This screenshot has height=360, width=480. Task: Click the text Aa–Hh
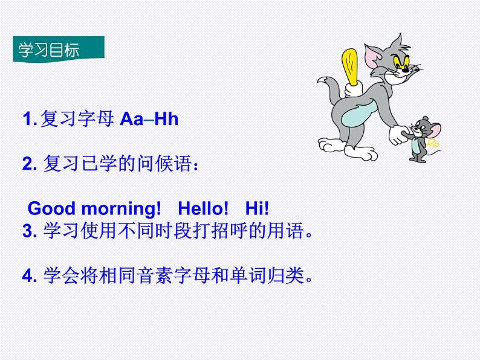click(149, 119)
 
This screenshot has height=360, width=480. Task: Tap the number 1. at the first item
click(30, 119)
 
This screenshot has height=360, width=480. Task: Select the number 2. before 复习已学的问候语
click(30, 164)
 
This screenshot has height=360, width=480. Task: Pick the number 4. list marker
click(30, 276)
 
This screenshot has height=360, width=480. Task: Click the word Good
click(51, 209)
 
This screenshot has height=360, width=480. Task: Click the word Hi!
click(257, 209)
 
